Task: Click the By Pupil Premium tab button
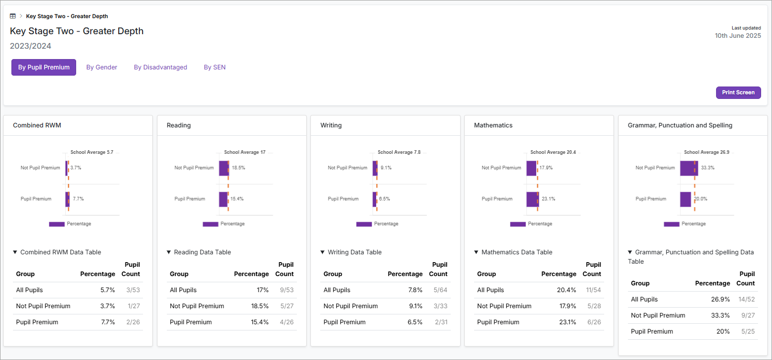[44, 67]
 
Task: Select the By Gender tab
[102, 67]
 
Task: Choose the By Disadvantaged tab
[160, 67]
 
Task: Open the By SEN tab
[215, 67]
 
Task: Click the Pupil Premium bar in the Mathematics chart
[532, 199]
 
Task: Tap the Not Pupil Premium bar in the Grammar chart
[689, 168]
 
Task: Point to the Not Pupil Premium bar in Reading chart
[224, 168]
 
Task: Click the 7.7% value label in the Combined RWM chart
[78, 199]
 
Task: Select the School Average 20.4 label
[553, 152]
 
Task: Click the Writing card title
[331, 125]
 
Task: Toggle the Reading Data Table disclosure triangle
[169, 252]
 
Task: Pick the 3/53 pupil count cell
[133, 290]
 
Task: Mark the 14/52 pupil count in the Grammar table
[746, 299]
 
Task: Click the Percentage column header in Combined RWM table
[97, 274]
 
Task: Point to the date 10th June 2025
[738, 36]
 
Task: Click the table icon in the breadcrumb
[13, 17]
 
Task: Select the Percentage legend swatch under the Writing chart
[364, 224]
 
